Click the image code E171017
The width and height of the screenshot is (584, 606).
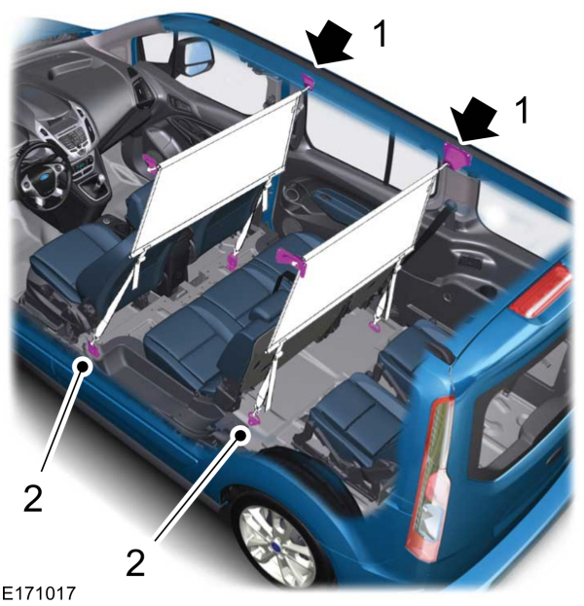pos(39,593)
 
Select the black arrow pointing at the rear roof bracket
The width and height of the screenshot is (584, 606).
pos(475,119)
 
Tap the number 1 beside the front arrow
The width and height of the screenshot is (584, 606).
pos(381,34)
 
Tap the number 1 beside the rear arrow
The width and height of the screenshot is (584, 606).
pos(522,110)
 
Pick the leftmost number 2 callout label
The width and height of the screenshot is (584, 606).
pos(33,498)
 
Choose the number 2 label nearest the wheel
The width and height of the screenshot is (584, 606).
pos(135,562)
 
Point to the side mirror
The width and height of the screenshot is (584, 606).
pos(197,55)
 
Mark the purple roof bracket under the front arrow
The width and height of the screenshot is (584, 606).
pos(309,81)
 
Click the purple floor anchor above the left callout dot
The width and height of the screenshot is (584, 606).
pos(93,347)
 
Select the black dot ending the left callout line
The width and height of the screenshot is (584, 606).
pos(83,366)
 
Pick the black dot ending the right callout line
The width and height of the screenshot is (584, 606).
pos(241,435)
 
